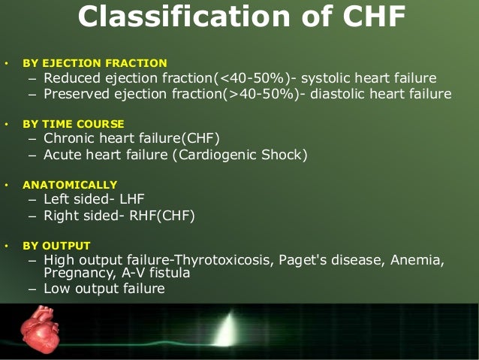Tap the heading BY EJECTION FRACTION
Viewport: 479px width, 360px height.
pos(95,63)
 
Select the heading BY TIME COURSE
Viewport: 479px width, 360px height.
pos(74,123)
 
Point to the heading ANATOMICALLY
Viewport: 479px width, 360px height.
pos(70,184)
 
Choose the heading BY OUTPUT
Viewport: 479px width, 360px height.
pos(56,246)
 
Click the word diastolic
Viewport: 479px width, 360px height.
pos(342,94)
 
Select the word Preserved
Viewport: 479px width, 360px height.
pos(77,94)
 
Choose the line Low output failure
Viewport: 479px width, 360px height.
pos(104,289)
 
